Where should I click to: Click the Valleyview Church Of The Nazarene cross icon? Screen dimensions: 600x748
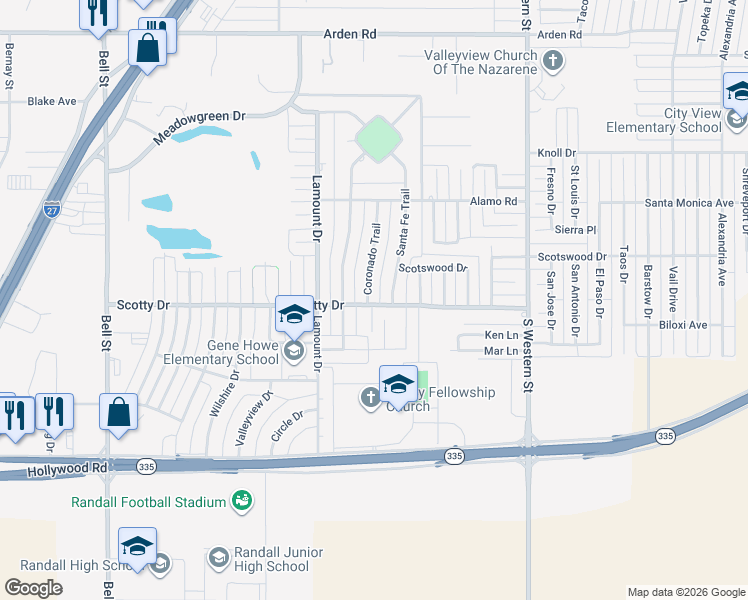(552, 62)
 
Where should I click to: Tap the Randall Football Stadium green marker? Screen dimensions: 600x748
(241, 500)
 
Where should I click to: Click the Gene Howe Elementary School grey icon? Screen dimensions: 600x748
(294, 349)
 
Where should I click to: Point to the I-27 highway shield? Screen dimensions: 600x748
(52, 210)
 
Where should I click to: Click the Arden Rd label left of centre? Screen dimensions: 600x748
(349, 34)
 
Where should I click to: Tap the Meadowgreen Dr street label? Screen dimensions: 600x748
(199, 129)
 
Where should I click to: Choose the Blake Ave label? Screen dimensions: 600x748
(52, 101)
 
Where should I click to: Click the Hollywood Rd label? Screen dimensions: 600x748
(68, 468)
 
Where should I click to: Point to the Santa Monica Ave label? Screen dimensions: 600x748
(683, 203)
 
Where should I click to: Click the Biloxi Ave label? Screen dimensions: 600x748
(682, 325)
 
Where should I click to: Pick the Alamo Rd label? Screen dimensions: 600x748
(495, 201)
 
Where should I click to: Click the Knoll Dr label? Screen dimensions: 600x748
(557, 153)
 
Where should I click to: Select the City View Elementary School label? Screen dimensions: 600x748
(663, 120)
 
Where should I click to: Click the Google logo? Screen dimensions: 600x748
(34, 588)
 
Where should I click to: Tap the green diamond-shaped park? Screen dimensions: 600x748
(377, 139)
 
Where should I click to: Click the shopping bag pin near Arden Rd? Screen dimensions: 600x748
(147, 49)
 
